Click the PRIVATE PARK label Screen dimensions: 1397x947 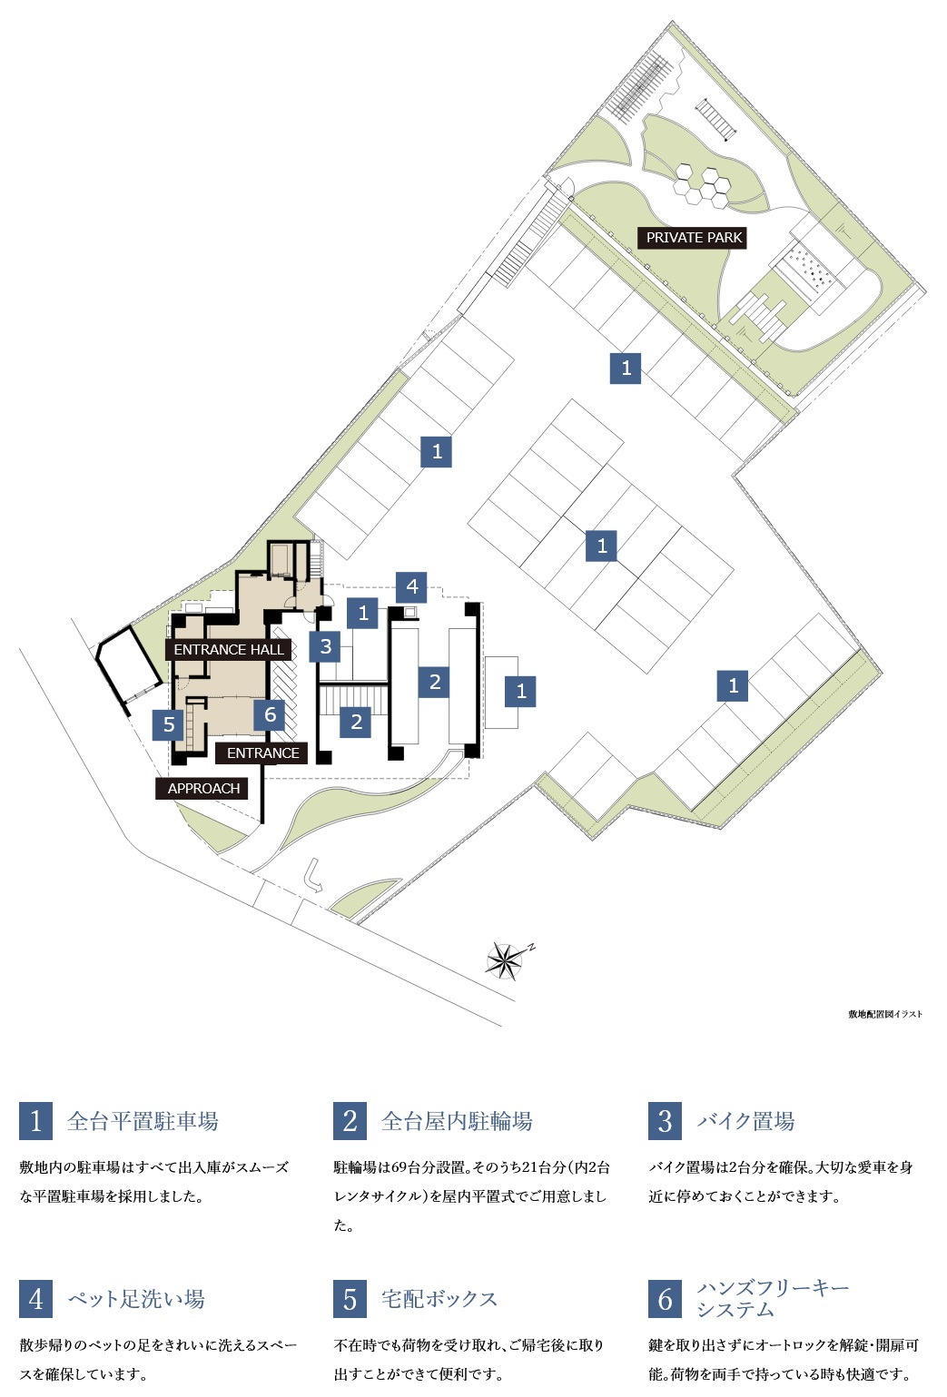click(x=694, y=238)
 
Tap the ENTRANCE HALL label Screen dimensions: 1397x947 click(x=229, y=650)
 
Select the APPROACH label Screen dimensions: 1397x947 click(x=203, y=789)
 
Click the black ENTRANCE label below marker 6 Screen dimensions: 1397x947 click(x=262, y=753)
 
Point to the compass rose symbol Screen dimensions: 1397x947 click(x=506, y=960)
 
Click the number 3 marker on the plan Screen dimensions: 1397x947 click(x=325, y=647)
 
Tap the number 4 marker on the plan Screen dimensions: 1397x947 click(x=412, y=586)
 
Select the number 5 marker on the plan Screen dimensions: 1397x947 click(x=169, y=725)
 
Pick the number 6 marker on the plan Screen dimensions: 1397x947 click(x=270, y=714)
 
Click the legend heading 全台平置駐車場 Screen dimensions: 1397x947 click(x=143, y=1122)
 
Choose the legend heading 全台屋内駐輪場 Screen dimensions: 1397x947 click(x=457, y=1122)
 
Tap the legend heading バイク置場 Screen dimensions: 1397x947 click(x=745, y=1122)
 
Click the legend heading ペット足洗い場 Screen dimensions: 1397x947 click(x=136, y=1299)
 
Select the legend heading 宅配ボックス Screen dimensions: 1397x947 click(x=439, y=1299)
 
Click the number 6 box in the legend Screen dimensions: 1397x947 click(x=665, y=1299)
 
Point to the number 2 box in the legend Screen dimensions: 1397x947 click(x=350, y=1121)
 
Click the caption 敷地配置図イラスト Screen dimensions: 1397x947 click(x=884, y=1014)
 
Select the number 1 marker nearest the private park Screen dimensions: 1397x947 click(x=626, y=368)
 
